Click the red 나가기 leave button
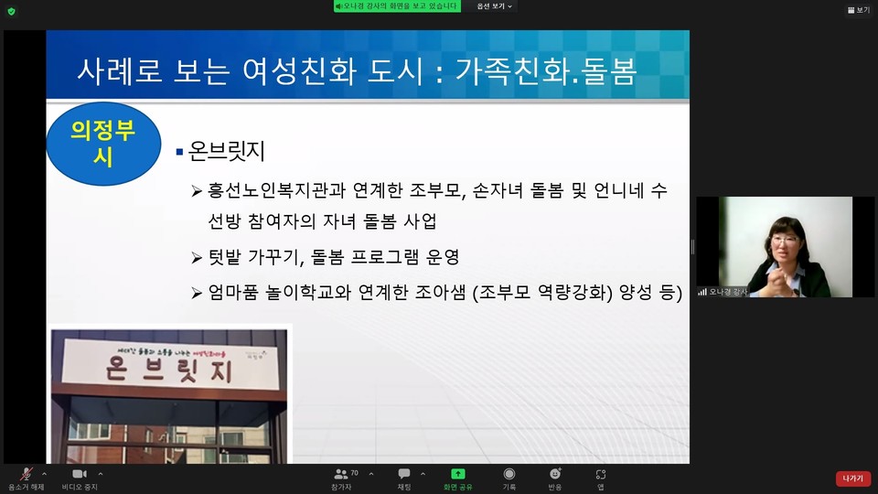click(852, 478)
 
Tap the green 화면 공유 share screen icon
click(458, 474)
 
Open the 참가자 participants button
click(341, 474)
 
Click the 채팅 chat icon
click(403, 474)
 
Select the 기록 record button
click(509, 474)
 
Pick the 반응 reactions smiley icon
click(554, 474)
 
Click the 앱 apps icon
click(600, 474)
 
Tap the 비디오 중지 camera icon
click(79, 474)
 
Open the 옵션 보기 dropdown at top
click(494, 6)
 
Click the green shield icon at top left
click(11, 11)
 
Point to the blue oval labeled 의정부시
click(102, 144)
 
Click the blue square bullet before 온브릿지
click(179, 151)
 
